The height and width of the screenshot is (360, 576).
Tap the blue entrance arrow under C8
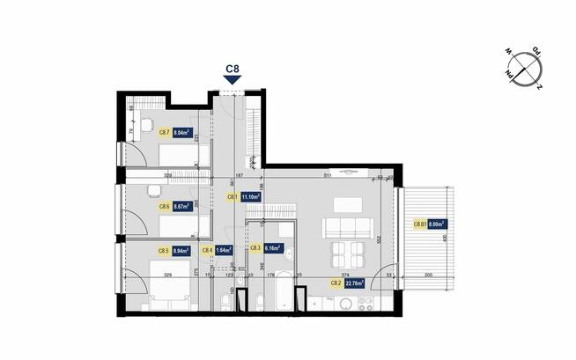(233, 81)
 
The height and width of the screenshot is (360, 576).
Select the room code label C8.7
(164, 133)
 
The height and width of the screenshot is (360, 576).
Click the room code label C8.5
(164, 250)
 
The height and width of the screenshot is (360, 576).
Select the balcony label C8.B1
(420, 224)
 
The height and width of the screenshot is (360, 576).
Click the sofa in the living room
(343, 228)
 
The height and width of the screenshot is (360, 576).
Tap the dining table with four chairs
(346, 256)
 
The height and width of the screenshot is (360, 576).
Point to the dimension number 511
(326, 177)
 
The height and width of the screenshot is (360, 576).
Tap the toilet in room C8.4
(227, 304)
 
